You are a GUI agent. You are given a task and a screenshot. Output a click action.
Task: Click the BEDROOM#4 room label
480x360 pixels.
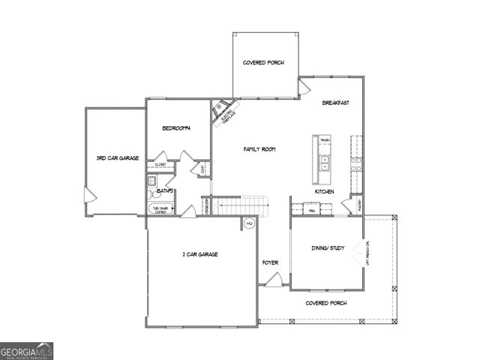point(177,128)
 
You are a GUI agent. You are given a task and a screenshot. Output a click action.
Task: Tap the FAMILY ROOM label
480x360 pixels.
point(259,149)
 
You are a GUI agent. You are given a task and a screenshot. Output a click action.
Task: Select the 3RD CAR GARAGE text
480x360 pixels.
point(112,158)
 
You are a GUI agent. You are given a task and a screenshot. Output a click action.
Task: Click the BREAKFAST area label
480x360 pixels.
point(336,103)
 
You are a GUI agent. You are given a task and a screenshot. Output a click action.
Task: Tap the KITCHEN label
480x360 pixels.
point(324,192)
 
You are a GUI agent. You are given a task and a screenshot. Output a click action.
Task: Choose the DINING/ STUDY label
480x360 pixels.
point(328,247)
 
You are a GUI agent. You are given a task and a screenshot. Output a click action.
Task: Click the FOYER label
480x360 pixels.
point(270,262)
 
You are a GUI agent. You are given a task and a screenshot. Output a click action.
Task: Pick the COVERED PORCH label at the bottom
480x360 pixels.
point(326,303)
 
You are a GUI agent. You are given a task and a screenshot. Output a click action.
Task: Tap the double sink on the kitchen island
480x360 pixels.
point(325,160)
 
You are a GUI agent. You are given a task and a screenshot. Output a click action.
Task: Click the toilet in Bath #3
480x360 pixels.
point(151,181)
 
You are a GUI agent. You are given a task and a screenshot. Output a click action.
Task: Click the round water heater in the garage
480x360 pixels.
point(249,223)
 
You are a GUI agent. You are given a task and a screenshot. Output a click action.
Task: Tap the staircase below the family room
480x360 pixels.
point(241,205)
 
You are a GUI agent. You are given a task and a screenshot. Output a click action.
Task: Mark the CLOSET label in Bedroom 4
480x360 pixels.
point(160,163)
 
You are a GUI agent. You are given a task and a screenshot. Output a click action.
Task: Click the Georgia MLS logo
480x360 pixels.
point(26,351)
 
